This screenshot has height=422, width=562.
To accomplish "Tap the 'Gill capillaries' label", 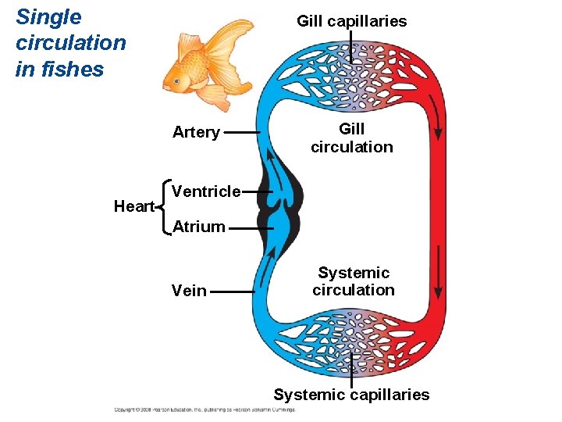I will pyautogui.click(x=351, y=21).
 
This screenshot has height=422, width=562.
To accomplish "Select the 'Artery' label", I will pyautogui.click(x=196, y=132).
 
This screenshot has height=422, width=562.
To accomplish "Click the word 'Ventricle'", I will pyautogui.click(x=206, y=191).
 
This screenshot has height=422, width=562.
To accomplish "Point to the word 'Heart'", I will pyautogui.click(x=134, y=206).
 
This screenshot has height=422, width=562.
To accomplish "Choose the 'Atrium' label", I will pyautogui.click(x=198, y=227).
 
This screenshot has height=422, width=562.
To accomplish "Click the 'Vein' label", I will pyautogui.click(x=189, y=291).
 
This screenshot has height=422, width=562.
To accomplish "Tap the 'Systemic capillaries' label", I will pyautogui.click(x=351, y=395).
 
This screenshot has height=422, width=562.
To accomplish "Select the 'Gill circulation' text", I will pyautogui.click(x=351, y=138).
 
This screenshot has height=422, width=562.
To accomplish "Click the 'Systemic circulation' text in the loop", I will pyautogui.click(x=353, y=281).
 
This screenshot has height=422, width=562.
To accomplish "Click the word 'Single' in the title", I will pyautogui.click(x=48, y=17).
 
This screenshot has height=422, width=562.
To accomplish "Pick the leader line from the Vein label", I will pyautogui.click(x=233, y=291).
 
